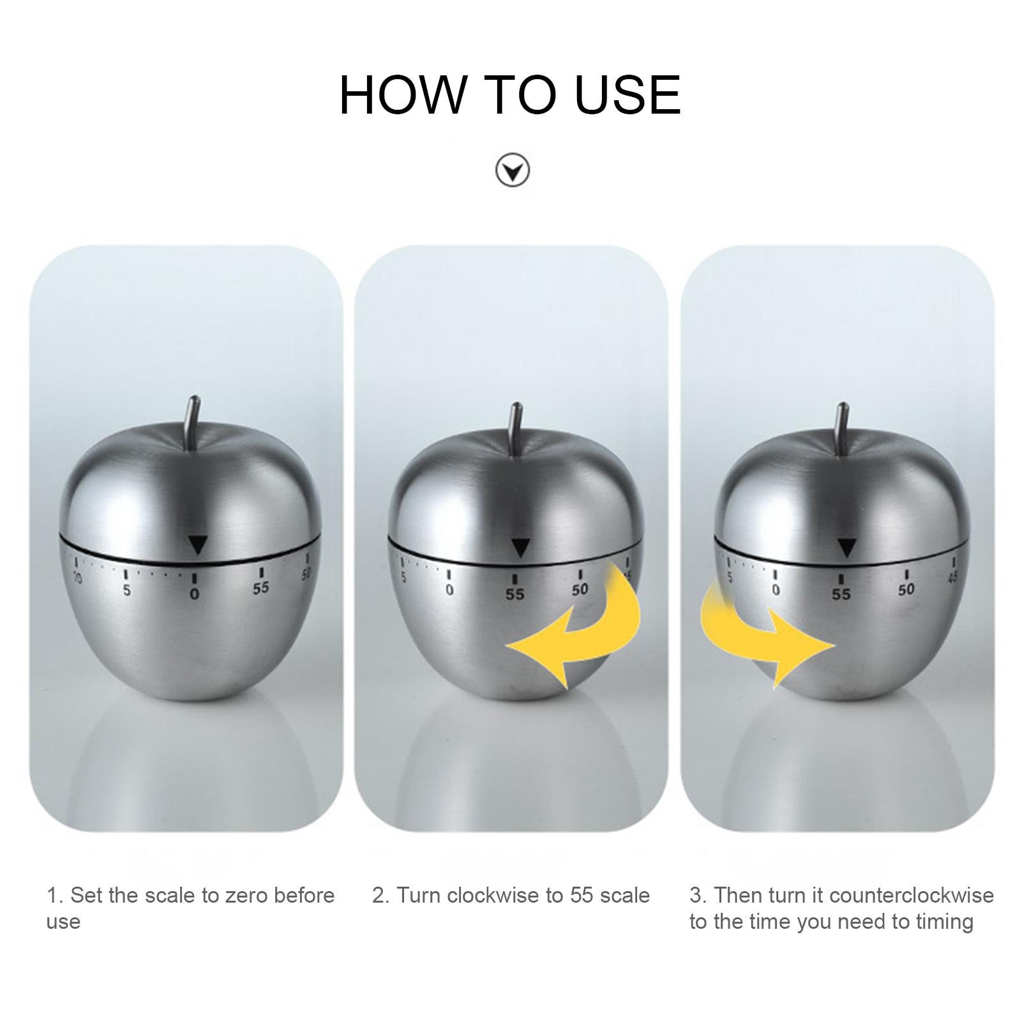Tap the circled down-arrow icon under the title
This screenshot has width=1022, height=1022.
click(x=512, y=170)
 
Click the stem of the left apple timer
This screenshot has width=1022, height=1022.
click(x=192, y=423)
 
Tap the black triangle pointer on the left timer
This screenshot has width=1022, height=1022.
click(x=198, y=545)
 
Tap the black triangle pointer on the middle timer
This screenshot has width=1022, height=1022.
click(x=521, y=548)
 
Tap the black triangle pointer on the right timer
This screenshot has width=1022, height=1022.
click(x=846, y=548)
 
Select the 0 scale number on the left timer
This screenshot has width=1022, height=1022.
click(x=195, y=594)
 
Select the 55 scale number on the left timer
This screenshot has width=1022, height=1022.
click(x=260, y=588)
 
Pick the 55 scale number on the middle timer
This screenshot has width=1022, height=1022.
click(x=515, y=594)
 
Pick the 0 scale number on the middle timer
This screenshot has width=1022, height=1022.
click(x=449, y=590)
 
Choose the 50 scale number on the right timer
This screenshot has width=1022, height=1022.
click(x=906, y=589)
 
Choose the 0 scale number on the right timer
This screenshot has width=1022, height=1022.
click(x=775, y=590)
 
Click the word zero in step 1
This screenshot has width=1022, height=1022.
click(x=247, y=895)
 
